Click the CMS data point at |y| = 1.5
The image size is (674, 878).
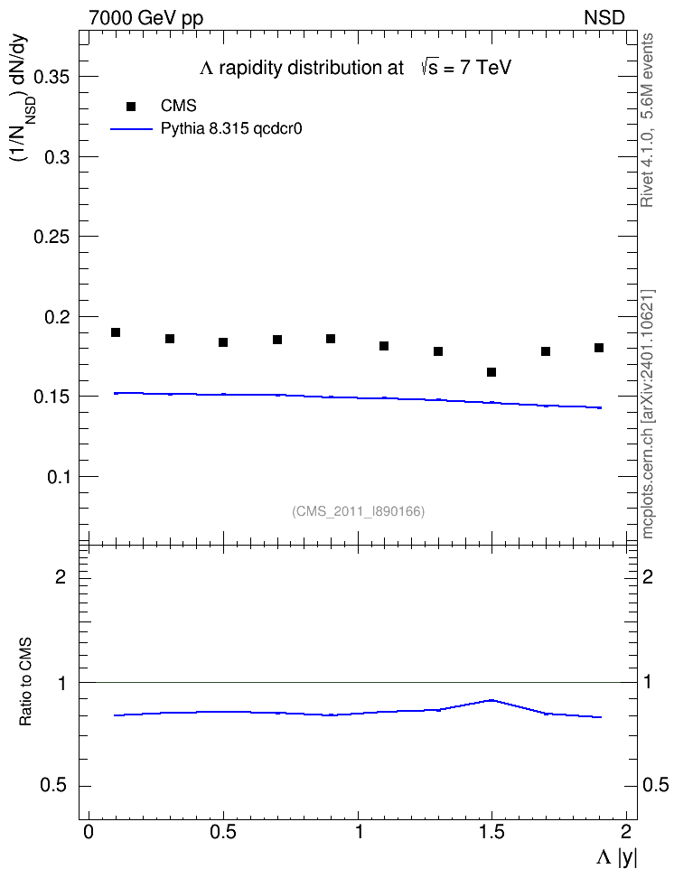coord(491,372)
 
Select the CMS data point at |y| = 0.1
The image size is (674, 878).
coord(116,332)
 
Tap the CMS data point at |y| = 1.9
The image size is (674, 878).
coord(599,348)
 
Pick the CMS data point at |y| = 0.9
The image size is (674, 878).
coord(331,339)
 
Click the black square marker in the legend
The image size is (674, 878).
coord(131,107)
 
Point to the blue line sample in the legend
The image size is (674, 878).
coord(132,129)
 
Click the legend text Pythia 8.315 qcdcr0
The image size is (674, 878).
coord(231,129)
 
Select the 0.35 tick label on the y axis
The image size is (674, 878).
coord(52,77)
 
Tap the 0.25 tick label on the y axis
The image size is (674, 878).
coord(52,237)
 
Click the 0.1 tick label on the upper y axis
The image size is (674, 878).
coord(58,477)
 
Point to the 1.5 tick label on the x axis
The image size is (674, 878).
coord(491,832)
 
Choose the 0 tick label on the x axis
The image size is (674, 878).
coord(89,832)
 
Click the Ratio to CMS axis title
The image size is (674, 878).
coord(25,681)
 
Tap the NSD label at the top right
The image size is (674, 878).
coord(604,18)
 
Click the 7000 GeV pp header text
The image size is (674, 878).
coord(145,18)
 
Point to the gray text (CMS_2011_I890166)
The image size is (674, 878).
coord(359,511)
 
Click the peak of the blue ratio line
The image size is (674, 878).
coord(491,700)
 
